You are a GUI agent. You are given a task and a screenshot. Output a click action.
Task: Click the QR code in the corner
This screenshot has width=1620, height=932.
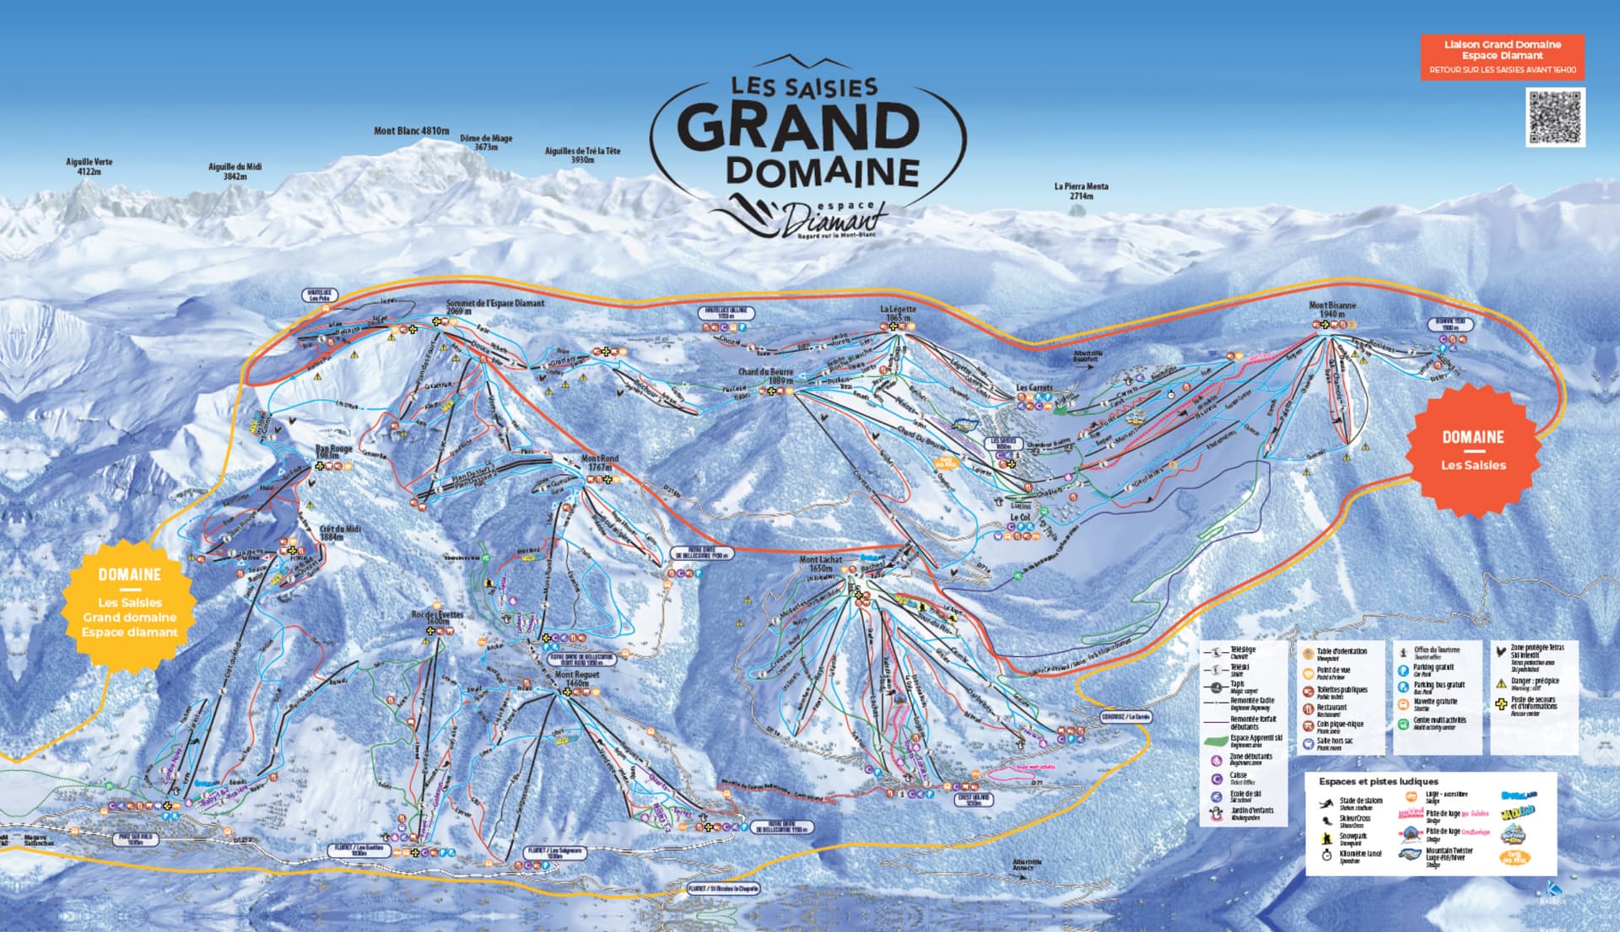1555,117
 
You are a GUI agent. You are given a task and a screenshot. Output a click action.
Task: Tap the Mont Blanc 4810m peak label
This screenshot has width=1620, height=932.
412,131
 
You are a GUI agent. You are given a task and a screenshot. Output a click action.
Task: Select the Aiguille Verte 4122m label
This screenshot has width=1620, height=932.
89,166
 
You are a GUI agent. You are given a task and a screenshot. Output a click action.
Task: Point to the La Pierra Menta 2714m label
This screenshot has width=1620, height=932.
1081,191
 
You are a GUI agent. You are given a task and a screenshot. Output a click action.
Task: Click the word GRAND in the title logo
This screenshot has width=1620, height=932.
798,127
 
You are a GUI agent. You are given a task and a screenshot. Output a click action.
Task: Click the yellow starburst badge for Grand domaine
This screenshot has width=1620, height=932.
129,604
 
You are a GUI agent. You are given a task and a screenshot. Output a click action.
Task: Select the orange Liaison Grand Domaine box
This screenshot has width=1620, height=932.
1502,57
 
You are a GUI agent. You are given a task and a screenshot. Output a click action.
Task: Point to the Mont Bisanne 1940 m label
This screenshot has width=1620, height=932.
1331,310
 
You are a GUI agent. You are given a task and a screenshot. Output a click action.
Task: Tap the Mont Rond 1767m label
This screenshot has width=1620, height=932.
600,463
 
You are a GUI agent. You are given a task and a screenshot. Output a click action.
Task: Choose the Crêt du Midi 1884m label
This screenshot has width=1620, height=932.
340,533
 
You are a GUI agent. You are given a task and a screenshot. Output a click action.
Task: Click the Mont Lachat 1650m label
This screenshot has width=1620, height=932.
820,563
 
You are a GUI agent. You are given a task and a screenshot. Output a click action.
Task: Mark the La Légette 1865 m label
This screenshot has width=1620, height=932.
897,313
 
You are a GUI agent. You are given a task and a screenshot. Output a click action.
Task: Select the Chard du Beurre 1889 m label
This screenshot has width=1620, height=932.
766,376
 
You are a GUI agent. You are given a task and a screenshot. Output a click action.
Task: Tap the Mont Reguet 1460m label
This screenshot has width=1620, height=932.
577,679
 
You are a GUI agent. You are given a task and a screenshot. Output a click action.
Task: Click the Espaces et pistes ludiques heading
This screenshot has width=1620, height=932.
1378,782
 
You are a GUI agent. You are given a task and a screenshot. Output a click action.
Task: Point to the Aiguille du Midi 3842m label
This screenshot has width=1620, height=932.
235,171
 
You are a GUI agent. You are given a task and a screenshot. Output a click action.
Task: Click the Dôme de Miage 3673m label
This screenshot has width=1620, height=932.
486,143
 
